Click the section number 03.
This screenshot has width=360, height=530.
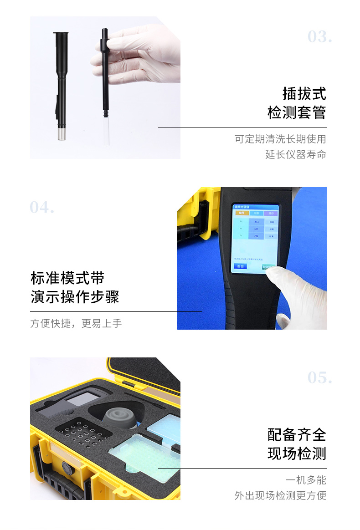319,36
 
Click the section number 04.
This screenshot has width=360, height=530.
42,208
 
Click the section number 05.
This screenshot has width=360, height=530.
319,377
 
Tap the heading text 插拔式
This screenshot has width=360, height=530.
304,93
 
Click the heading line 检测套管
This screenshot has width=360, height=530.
297,112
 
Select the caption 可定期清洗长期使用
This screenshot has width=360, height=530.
280,139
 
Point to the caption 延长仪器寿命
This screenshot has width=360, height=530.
296,154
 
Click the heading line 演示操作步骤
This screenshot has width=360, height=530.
75,297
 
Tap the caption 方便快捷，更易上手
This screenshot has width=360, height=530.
76,323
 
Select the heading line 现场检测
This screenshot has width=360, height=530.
297,454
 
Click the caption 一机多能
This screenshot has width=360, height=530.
306,480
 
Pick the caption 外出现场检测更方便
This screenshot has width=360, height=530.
280,495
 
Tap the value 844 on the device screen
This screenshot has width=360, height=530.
257,222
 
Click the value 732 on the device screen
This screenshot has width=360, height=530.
257,236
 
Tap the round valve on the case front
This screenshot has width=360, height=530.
67,468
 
